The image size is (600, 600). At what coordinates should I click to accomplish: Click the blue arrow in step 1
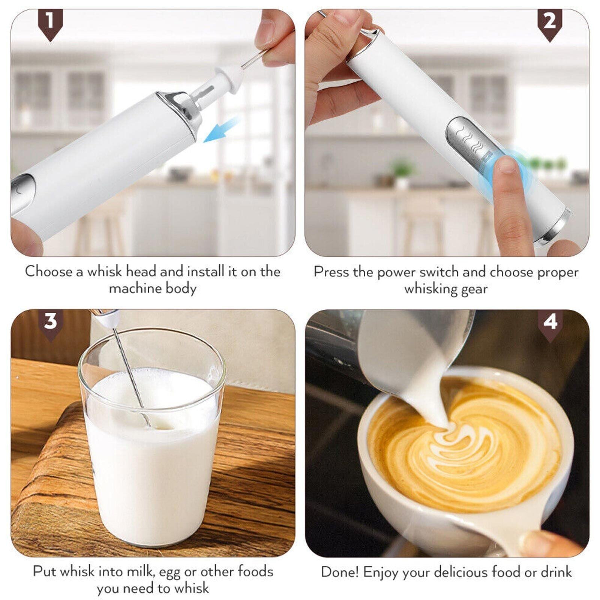click(221, 129)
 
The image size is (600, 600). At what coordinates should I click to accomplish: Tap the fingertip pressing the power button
click(507, 165)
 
